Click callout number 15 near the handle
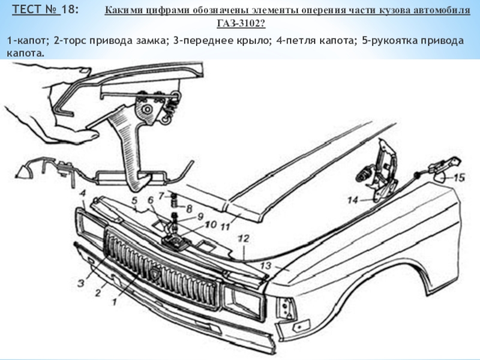click(458, 177)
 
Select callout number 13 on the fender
click(265, 264)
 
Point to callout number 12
click(242, 238)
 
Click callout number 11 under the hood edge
click(225, 227)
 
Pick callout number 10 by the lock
click(209, 224)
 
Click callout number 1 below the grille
click(112, 304)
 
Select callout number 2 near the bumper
click(95, 293)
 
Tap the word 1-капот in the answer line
click(26, 40)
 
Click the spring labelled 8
click(175, 208)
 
